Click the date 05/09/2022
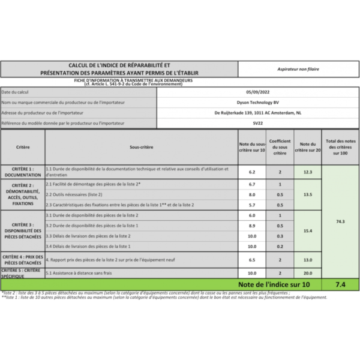[257, 92]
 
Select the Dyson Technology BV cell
[257, 103]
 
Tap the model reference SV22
[257, 123]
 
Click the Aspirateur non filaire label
[298, 69]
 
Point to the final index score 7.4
[340, 283]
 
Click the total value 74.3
[340, 221]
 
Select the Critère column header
[23, 147]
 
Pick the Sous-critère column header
[141, 147]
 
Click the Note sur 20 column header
[308, 147]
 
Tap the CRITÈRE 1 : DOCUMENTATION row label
[23, 172]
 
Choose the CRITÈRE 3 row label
[23, 230]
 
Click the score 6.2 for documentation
[252, 172]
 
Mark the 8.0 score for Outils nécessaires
[252, 194]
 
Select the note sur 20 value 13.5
[308, 194]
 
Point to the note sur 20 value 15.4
[308, 230]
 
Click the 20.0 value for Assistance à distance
[308, 273]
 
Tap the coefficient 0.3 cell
[280, 236]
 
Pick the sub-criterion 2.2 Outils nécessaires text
[74, 194]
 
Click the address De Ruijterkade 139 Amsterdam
[257, 113]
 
